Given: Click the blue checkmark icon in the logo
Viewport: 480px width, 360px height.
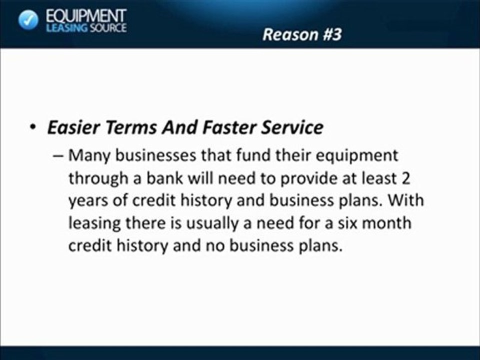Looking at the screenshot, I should [x=28, y=20].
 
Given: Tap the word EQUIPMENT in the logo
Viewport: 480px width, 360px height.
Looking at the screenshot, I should [x=85, y=15].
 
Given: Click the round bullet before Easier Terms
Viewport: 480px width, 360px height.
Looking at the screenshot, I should [x=32, y=128].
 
